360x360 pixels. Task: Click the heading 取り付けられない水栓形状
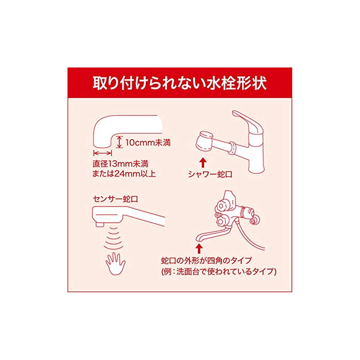click(180, 84)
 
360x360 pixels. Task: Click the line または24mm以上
click(124, 173)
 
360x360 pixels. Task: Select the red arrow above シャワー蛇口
click(203, 160)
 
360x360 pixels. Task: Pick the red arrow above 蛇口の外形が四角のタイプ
click(198, 247)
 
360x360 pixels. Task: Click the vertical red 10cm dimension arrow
click(119, 143)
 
